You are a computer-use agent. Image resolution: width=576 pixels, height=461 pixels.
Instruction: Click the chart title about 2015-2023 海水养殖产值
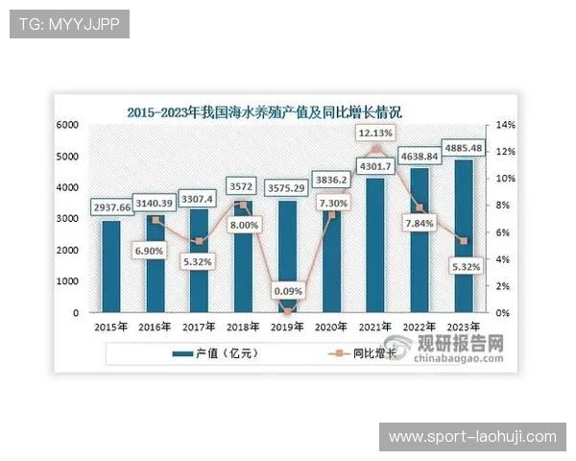coord(264,111)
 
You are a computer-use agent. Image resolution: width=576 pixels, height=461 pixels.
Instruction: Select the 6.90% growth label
coord(155,249)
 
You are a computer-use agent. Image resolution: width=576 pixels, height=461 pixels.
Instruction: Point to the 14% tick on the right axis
coord(505,125)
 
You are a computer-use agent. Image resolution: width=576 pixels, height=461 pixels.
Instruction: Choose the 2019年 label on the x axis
coord(287,326)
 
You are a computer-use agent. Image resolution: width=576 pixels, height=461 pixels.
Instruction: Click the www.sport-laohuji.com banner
coord(471,437)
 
